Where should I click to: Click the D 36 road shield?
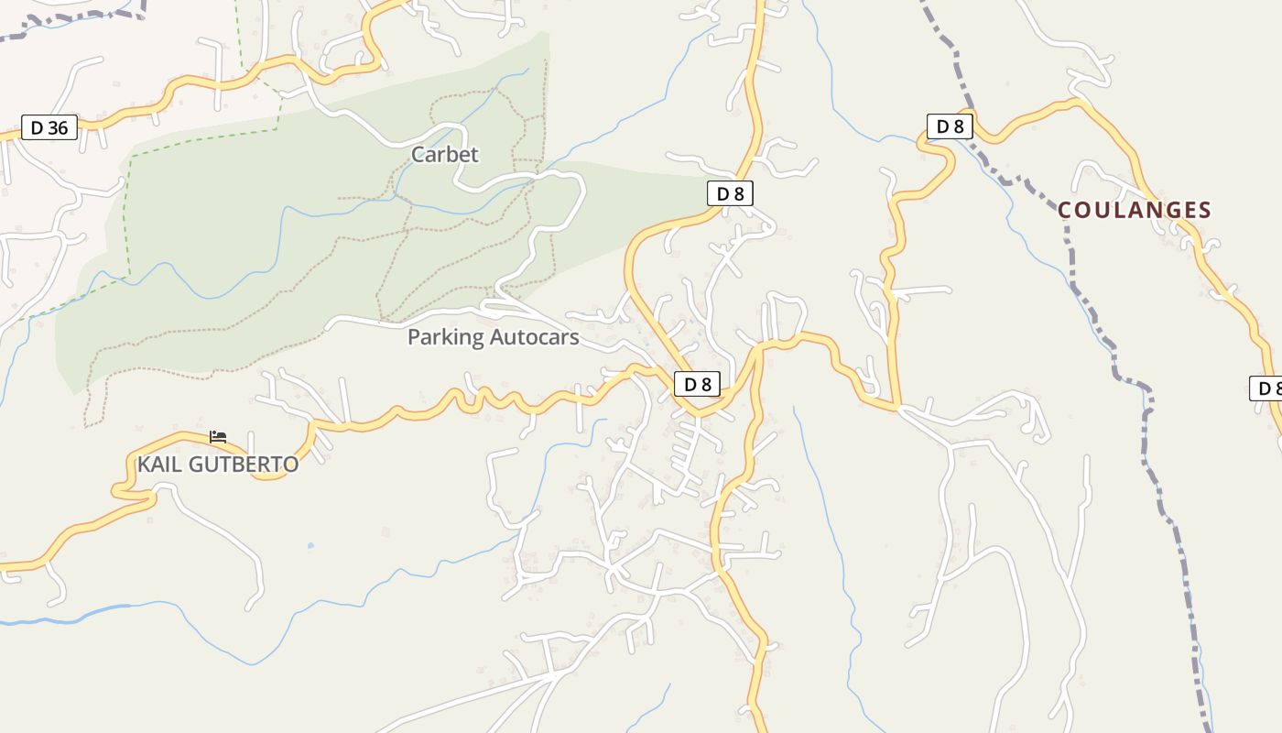49,127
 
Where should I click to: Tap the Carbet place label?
444,154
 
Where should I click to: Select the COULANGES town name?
1135,211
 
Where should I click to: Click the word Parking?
446,337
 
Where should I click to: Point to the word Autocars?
535,337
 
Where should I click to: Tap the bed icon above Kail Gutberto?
218,437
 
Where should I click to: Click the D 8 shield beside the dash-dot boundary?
950,126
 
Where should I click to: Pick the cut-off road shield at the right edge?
1267,388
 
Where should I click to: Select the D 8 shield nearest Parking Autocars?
697,384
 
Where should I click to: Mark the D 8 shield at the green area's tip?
730,193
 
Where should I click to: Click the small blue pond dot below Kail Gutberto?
310,545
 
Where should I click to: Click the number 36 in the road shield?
58,127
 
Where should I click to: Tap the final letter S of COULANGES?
1204,211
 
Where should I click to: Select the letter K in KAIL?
144,465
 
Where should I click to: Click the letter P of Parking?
414,337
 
